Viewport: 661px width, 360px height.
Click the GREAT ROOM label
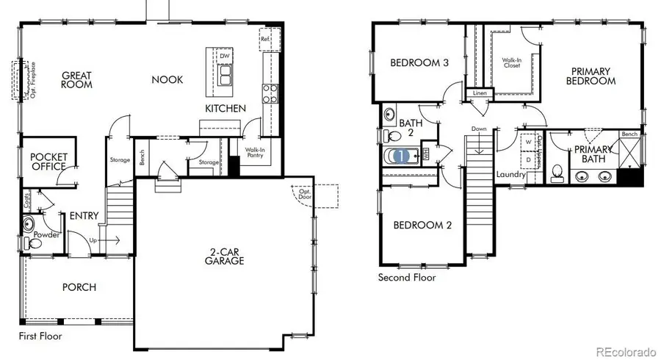[x=76, y=79]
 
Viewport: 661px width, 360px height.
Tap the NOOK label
[x=167, y=79]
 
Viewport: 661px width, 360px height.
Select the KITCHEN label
[x=225, y=109]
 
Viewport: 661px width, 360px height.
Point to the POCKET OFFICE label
[x=48, y=162]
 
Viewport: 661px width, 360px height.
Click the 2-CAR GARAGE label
[x=224, y=255]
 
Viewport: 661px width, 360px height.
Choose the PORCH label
[x=79, y=287]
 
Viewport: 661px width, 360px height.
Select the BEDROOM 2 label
[x=422, y=225]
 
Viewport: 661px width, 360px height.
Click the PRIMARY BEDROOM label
[x=591, y=76]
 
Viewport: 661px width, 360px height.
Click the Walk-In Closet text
[x=511, y=63]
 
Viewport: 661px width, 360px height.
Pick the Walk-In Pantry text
[x=255, y=152]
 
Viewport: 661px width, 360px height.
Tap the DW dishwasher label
[x=224, y=56]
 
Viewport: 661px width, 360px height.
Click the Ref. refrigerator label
[x=264, y=38]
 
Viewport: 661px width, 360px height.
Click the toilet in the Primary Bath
[x=557, y=173]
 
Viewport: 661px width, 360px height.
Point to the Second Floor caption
[x=406, y=277]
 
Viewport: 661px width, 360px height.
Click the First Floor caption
[x=40, y=336]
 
